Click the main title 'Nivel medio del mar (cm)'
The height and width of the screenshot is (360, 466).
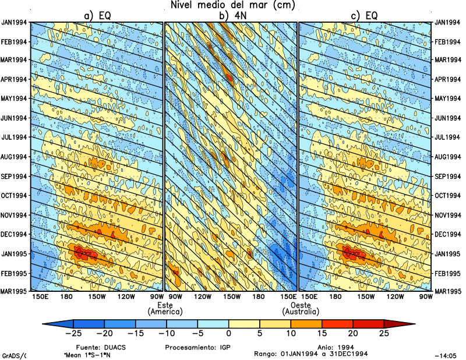(233, 5)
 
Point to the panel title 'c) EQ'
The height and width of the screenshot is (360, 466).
(364, 16)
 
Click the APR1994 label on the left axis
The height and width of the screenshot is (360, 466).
(15, 79)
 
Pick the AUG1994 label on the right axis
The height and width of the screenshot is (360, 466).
(449, 157)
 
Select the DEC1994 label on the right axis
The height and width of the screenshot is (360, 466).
(449, 234)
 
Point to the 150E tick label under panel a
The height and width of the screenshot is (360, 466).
(41, 297)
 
